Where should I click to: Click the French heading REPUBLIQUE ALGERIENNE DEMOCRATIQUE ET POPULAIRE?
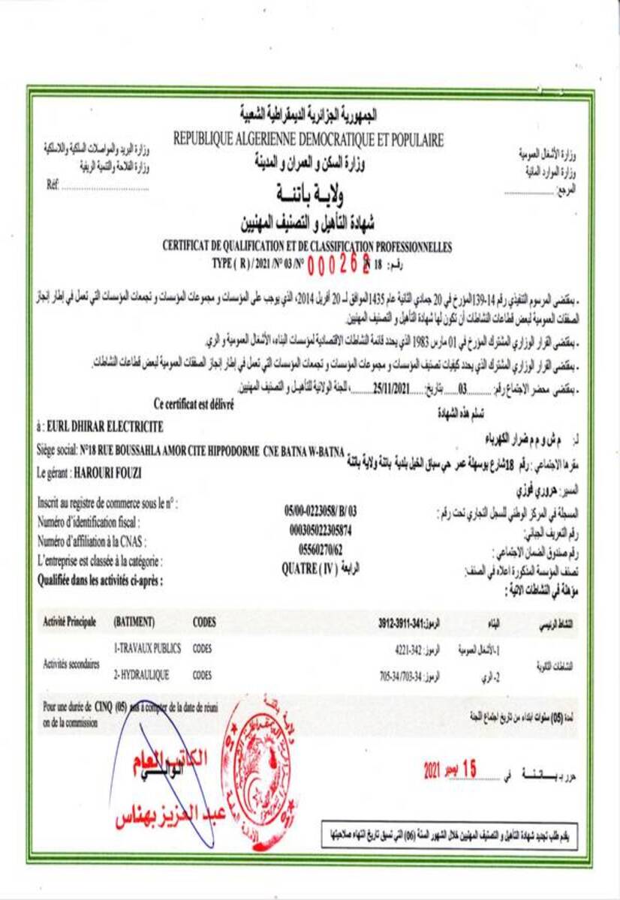pos(308,139)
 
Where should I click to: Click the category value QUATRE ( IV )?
pos(309,568)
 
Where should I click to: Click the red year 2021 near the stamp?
pos(432,770)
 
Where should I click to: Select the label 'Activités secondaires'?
pos(71,663)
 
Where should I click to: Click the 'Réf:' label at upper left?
pos(53,184)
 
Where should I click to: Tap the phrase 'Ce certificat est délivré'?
pos(194,404)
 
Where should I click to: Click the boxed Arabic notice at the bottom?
pos(450,832)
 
